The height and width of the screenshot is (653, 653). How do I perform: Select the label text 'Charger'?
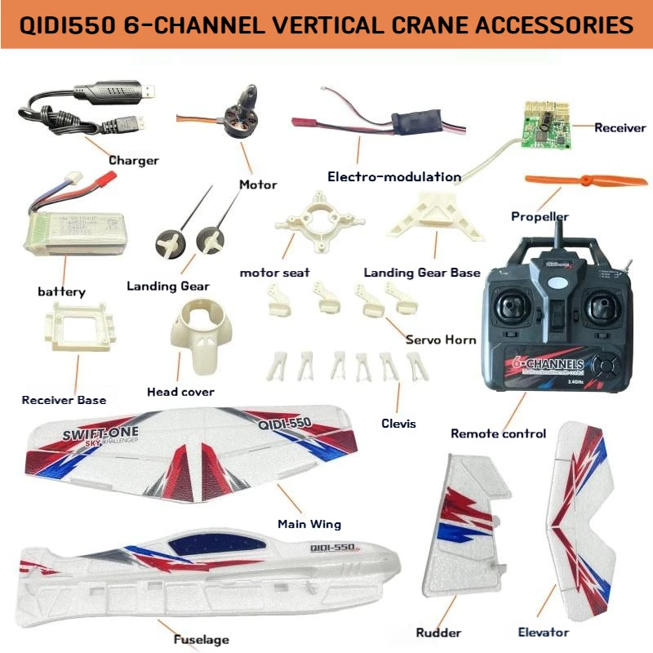pyautogui.click(x=133, y=161)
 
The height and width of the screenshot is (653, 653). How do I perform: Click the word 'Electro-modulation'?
pyautogui.click(x=393, y=176)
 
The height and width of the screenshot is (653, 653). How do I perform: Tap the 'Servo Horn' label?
pyautogui.click(x=441, y=340)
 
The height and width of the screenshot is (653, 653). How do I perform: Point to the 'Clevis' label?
pyautogui.click(x=398, y=423)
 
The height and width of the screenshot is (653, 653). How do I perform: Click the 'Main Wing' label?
pyautogui.click(x=309, y=524)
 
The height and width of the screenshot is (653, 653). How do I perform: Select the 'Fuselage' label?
pyautogui.click(x=201, y=639)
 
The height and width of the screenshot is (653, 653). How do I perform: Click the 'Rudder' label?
pyautogui.click(x=438, y=632)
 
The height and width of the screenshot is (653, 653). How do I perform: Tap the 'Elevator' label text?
pyautogui.click(x=543, y=632)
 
